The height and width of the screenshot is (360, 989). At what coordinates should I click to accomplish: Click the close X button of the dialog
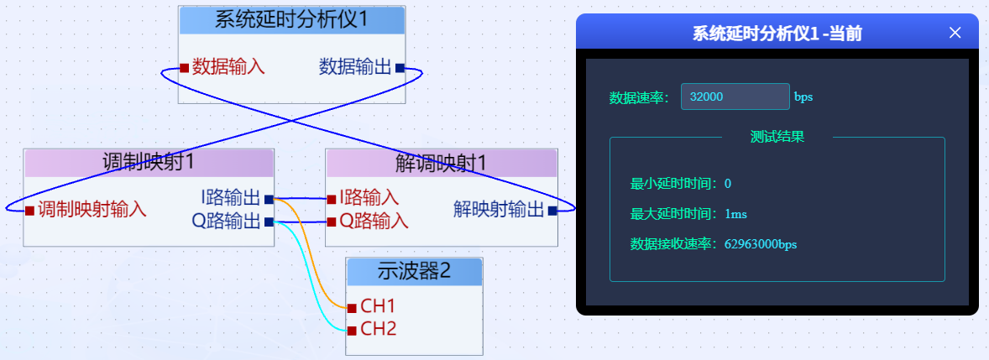click(955, 33)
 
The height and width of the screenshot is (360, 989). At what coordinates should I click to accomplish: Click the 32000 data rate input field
click(735, 97)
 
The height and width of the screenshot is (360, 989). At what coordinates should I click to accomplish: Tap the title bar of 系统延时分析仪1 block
click(292, 20)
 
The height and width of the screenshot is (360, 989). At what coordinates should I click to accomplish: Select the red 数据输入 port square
click(184, 68)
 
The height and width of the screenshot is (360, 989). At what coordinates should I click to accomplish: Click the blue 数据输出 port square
click(400, 68)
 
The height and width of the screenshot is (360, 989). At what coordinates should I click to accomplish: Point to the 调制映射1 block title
click(149, 163)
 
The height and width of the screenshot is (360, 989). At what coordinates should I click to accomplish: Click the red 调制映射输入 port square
click(29, 210)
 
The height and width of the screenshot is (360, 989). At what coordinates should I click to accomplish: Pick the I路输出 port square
click(269, 199)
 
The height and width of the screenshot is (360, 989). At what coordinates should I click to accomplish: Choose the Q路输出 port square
click(269, 222)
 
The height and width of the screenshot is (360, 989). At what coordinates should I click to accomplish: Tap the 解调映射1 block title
click(441, 163)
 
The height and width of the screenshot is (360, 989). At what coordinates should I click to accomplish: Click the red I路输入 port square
click(332, 199)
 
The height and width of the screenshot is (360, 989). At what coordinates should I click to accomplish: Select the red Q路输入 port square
click(332, 222)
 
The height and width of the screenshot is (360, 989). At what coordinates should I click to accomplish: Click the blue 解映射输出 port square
click(552, 211)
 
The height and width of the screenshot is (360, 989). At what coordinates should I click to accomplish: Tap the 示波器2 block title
click(415, 271)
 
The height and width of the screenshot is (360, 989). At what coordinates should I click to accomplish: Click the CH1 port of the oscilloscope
click(353, 306)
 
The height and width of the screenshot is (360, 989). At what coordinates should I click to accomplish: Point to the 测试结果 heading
click(777, 137)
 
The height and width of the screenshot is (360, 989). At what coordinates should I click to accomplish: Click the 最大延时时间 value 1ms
click(735, 214)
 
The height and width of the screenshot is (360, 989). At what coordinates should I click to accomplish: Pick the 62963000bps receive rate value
click(760, 244)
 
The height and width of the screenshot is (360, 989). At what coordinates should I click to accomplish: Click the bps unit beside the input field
click(803, 97)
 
